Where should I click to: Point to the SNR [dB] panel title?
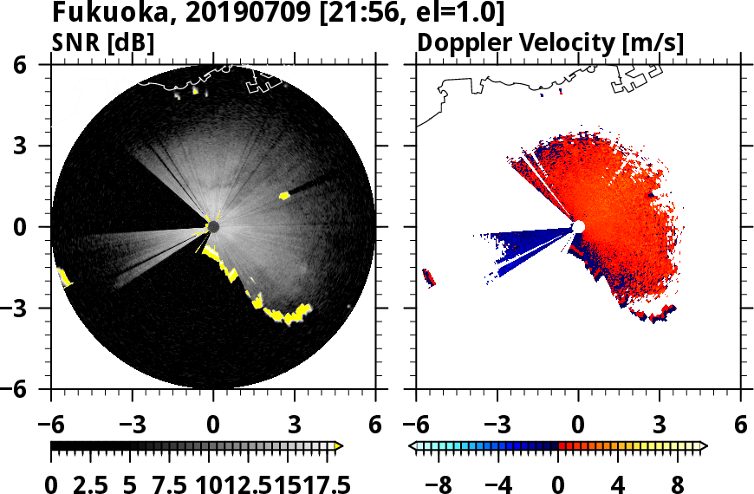tap(104, 42)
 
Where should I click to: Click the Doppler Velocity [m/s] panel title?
tap(552, 42)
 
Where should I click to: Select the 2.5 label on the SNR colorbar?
tap(94, 484)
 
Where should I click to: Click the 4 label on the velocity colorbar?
tap(618, 484)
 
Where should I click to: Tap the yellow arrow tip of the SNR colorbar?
tap(338, 446)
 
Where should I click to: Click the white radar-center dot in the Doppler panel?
tap(579, 227)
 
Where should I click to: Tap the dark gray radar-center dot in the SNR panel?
tap(213, 227)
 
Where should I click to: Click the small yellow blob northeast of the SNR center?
tap(284, 196)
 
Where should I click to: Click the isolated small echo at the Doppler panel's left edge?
tap(428, 277)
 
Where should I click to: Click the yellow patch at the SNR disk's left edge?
tap(63, 277)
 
